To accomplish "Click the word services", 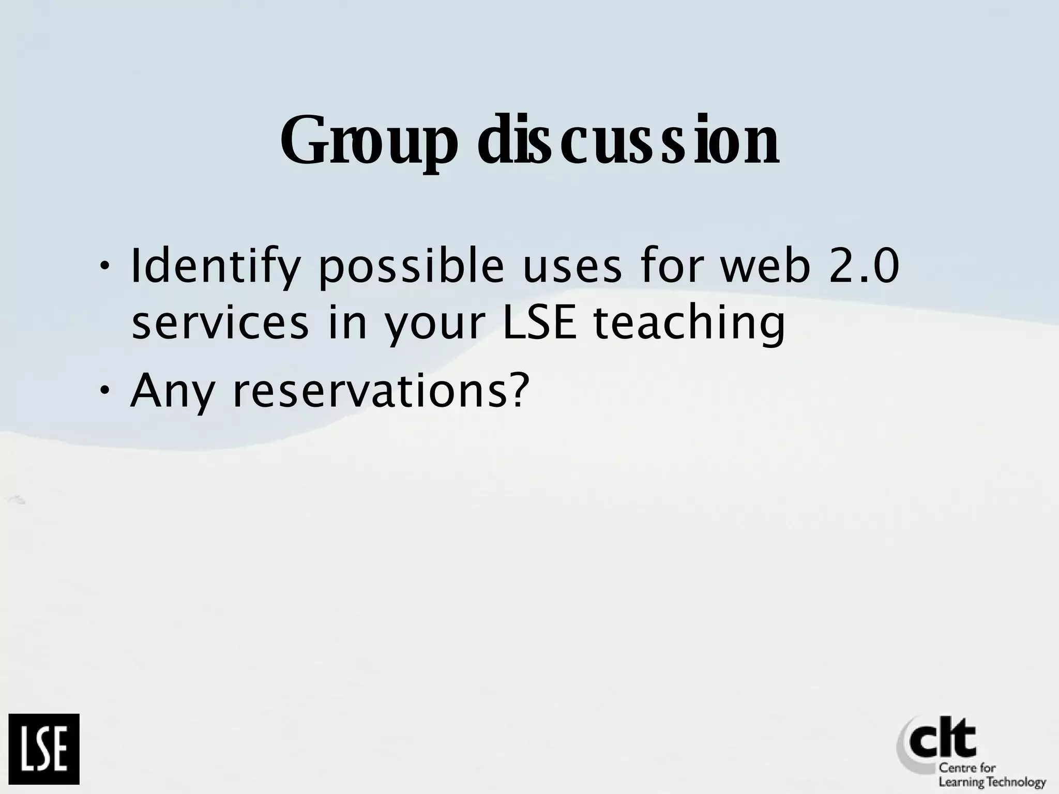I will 220,323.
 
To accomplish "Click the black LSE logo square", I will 44,749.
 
